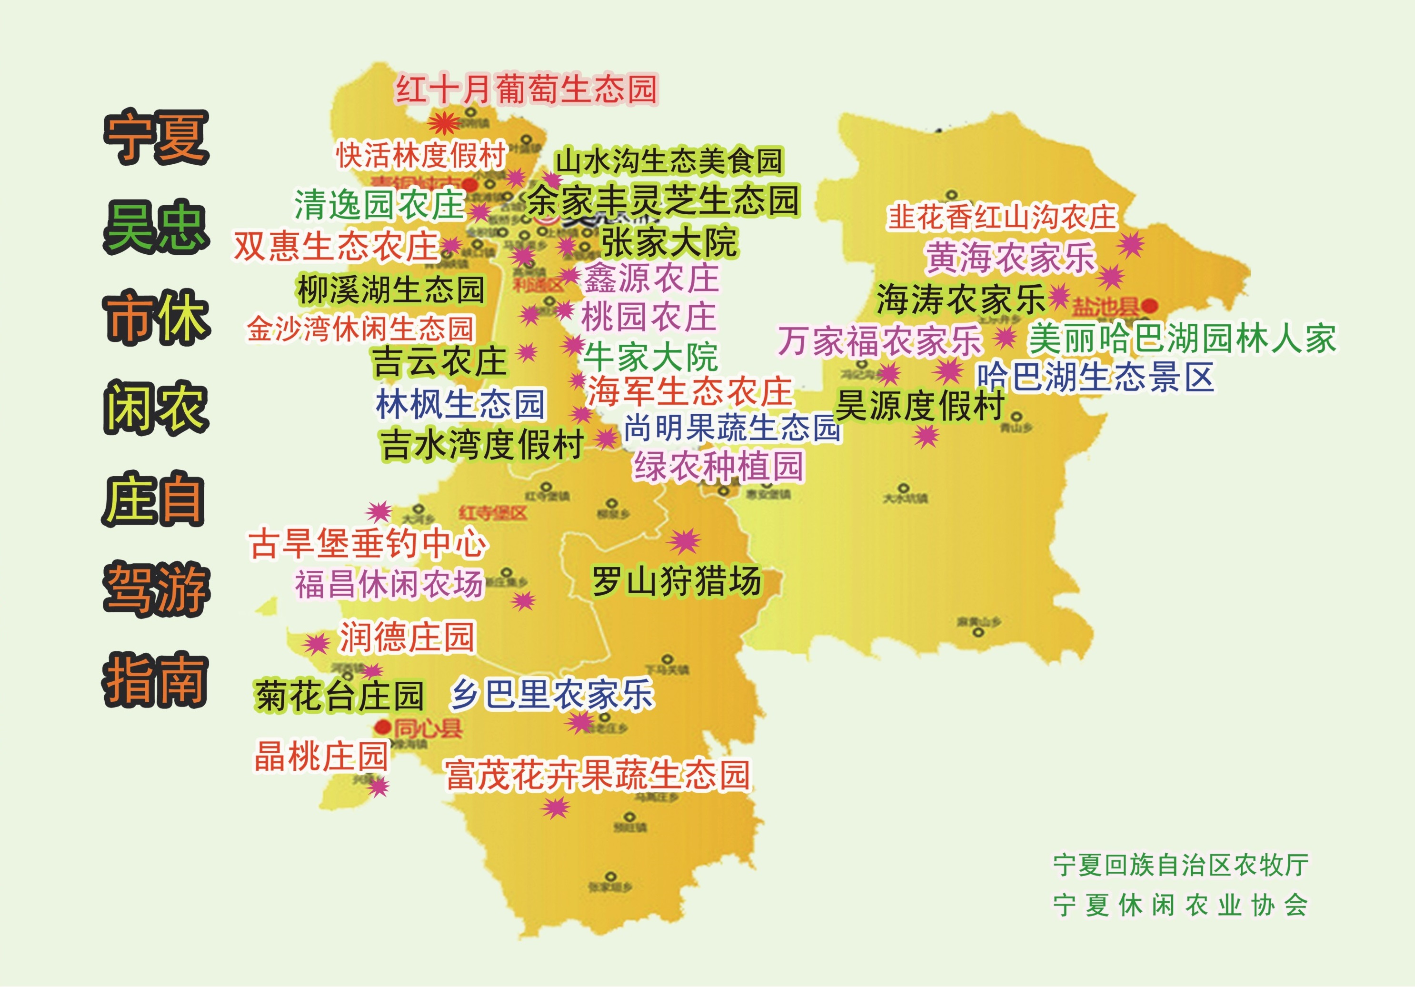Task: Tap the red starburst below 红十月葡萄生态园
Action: pyautogui.click(x=444, y=123)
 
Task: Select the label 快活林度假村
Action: pyautogui.click(x=421, y=155)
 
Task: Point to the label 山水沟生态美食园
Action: pyautogui.click(x=668, y=161)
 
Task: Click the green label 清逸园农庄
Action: pyautogui.click(x=379, y=205)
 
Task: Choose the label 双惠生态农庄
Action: pyautogui.click(x=336, y=247)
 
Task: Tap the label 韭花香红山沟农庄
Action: pyautogui.click(x=1001, y=217)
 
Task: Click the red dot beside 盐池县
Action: pyautogui.click(x=1149, y=305)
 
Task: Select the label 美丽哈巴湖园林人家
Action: pyautogui.click(x=1183, y=339)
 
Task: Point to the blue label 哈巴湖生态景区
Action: pyautogui.click(x=1095, y=377)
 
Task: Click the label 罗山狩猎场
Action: pyautogui.click(x=676, y=581)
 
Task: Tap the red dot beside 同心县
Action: pyautogui.click(x=383, y=728)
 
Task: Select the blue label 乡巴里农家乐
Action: pyautogui.click(x=552, y=695)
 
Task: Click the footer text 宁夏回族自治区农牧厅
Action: pyautogui.click(x=1181, y=866)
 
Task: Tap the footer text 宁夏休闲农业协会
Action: pyautogui.click(x=1181, y=906)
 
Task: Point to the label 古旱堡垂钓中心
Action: pyautogui.click(x=368, y=544)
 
